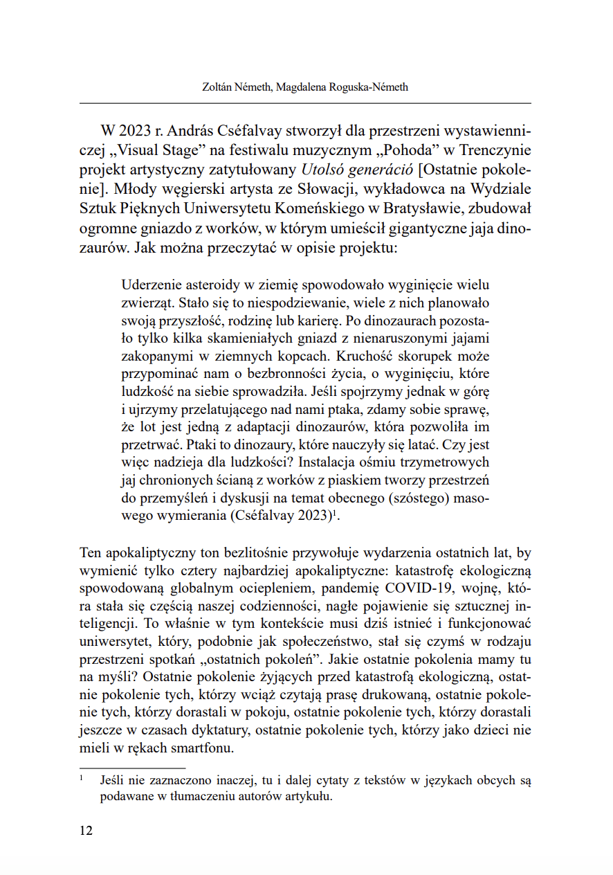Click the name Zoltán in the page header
[211, 87]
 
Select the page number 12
[86, 831]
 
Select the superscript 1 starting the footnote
[82, 779]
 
